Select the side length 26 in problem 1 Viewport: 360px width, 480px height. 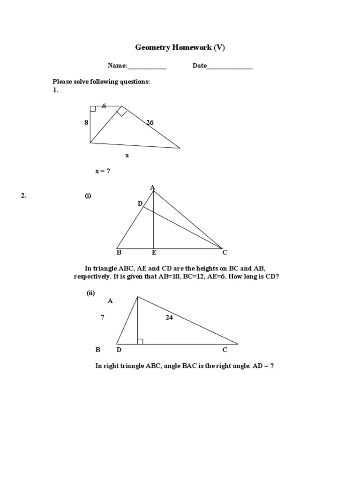coord(150,123)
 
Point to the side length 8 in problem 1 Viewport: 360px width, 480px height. coord(86,122)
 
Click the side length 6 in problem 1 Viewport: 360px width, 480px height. coord(104,106)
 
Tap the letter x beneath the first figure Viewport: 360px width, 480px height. coord(127,155)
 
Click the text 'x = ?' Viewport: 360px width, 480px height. coord(103,171)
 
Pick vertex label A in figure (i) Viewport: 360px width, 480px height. coord(152,187)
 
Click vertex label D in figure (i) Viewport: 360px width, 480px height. coord(140,203)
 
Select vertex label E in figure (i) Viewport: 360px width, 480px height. coord(153,253)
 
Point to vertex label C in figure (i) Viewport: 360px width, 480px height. coord(225,253)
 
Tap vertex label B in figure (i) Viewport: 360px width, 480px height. coord(119,253)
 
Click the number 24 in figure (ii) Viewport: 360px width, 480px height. coord(169,317)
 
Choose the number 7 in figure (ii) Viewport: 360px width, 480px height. coord(103,317)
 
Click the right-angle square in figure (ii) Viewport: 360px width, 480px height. coord(140,341)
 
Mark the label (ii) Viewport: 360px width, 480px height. coord(90,293)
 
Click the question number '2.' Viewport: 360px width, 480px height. coord(23,196)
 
